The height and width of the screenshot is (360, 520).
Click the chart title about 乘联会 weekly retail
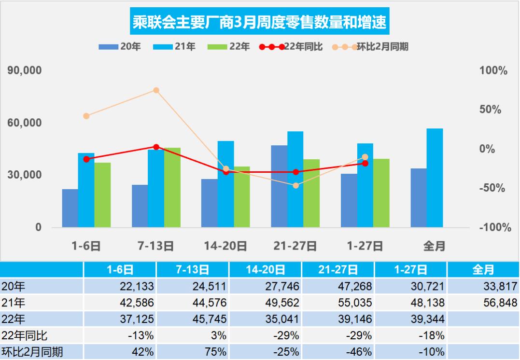260,22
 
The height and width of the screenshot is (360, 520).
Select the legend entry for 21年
174,47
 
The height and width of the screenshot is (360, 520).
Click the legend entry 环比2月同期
370,47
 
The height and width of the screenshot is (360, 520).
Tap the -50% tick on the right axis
492,188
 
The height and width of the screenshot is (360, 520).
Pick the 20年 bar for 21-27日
279,186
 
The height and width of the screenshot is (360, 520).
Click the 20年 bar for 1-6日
70,208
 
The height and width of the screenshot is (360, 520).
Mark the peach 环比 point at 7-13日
156,90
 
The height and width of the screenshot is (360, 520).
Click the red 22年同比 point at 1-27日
365,163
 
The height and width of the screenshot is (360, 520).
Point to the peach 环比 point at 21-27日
295,185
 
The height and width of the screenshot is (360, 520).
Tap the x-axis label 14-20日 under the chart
225,246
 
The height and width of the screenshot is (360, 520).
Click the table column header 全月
483,270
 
